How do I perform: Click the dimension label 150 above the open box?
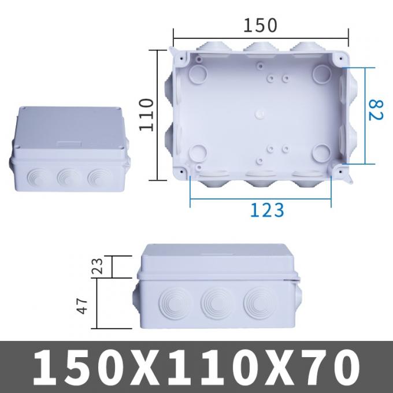[260, 25]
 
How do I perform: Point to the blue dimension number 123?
[267, 210]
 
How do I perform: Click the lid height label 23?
[98, 266]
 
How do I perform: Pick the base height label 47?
[84, 305]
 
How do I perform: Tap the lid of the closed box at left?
[67, 128]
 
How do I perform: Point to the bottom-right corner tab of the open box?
[346, 177]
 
